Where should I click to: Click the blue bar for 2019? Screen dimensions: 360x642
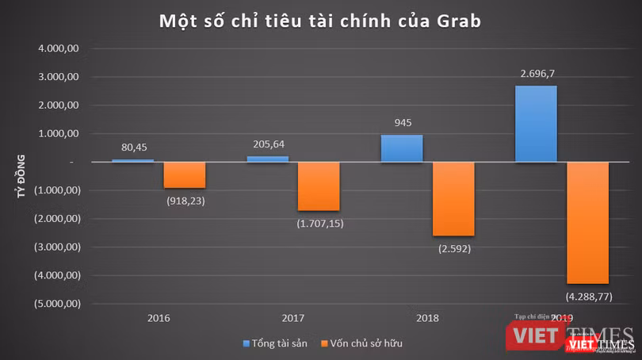(x=536, y=124)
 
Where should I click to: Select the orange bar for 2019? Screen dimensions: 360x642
(x=587, y=223)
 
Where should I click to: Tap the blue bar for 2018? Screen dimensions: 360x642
(x=402, y=148)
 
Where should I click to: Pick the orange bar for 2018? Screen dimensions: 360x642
(x=453, y=198)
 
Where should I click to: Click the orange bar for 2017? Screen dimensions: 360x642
(x=319, y=186)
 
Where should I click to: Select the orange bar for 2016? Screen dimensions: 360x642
(x=185, y=175)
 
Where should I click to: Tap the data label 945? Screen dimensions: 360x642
(x=402, y=123)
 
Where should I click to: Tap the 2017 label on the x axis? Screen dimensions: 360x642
(x=293, y=318)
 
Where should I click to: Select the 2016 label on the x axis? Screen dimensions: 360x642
(x=159, y=318)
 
